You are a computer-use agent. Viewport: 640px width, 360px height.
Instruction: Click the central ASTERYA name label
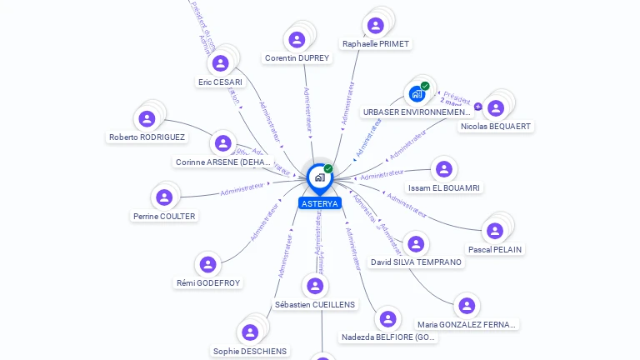[x=320, y=203]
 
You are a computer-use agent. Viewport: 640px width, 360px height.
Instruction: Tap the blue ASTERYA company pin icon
[x=319, y=177]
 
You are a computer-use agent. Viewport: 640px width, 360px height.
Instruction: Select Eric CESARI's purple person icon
[x=220, y=63]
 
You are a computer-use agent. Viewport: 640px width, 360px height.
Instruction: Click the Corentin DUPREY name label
[x=297, y=58]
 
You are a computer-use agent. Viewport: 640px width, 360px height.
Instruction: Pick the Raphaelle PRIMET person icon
[x=376, y=25]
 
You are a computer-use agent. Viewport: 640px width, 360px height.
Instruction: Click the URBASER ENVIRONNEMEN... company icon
[x=417, y=94]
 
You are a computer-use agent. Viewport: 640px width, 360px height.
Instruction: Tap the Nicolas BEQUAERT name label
[x=496, y=127]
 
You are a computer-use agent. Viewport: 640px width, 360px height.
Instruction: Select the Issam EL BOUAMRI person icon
[x=443, y=169]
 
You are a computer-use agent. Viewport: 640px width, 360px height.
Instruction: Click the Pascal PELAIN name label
[x=495, y=249]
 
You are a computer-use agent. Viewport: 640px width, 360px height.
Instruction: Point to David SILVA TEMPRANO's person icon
[x=416, y=244]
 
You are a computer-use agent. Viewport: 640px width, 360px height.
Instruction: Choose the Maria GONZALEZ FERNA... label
[x=467, y=324]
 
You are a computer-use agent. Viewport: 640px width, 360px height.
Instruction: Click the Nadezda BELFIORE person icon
[x=387, y=318]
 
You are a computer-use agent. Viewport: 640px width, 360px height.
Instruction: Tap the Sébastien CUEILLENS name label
[x=316, y=305]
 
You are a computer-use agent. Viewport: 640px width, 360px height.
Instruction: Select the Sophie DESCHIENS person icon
[x=249, y=332]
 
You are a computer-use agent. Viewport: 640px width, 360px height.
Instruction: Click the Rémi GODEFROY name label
[x=208, y=283]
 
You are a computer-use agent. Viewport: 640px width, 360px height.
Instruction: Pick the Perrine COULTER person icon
[x=164, y=197]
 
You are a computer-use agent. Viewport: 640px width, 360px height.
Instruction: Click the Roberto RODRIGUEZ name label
[x=147, y=137]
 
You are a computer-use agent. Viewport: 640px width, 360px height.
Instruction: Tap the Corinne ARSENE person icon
[x=222, y=143]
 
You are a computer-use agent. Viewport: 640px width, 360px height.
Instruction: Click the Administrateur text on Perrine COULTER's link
[x=242, y=191]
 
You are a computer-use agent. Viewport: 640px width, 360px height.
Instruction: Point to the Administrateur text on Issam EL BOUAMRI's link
[x=382, y=174]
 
